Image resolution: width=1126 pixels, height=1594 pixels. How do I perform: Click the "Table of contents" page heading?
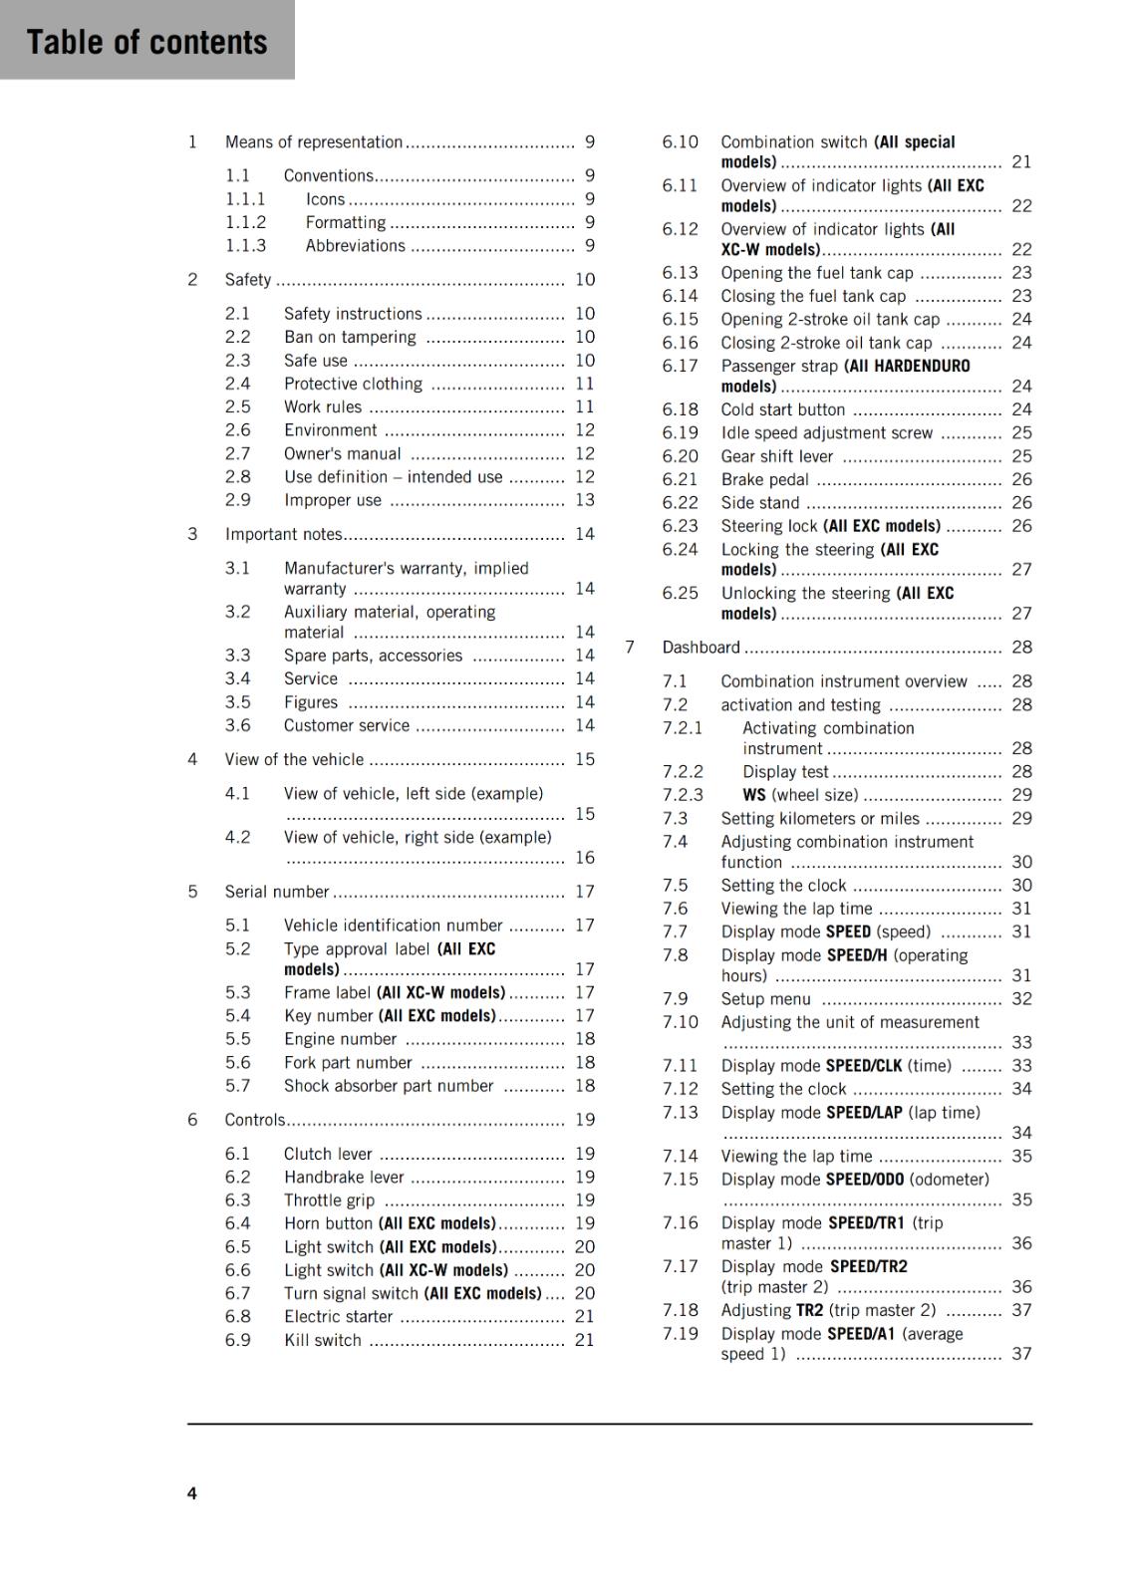pos(146,42)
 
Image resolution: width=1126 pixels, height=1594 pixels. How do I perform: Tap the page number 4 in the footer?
pos(192,1492)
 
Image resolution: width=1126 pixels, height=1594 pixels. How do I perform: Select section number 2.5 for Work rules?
pos(237,406)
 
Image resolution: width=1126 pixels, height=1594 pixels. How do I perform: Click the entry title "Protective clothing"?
pos(353,384)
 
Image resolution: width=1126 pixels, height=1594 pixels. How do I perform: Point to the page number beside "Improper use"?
pos(585,500)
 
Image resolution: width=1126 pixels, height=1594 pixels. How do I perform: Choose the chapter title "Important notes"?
pos(283,534)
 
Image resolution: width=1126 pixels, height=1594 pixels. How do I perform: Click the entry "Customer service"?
pos(347,725)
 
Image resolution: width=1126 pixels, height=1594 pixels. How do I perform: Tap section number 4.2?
pos(237,837)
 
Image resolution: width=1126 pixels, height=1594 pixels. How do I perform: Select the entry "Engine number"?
pos(340,1039)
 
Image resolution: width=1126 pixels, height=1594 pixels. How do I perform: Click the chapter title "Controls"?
pos(255,1120)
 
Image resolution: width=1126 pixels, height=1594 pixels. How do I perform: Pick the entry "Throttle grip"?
pos(329,1200)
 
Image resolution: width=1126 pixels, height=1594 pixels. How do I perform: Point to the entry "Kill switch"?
pos(323,1340)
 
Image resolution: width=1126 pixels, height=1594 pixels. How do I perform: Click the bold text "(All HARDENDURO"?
pos(907,366)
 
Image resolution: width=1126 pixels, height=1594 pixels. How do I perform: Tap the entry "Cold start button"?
pos(783,409)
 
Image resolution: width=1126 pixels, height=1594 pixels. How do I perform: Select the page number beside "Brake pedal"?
pos(1021,479)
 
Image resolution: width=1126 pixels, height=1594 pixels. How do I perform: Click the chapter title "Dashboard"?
pos(701,648)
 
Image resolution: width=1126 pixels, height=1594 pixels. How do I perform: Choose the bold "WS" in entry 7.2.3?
pos(754,795)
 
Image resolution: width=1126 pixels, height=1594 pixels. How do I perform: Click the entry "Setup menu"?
pos(765,999)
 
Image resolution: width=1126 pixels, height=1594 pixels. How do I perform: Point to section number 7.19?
pos(681,1333)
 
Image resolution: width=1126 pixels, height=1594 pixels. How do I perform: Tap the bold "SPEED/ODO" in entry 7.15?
pos(865,1180)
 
